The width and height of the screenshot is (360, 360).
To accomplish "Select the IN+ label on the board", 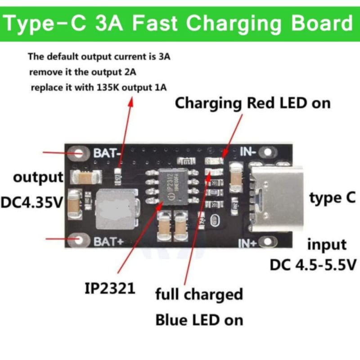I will (x=247, y=243).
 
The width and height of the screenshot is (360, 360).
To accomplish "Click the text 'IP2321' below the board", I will (x=110, y=288).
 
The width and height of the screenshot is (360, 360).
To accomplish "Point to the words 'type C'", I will (x=333, y=198).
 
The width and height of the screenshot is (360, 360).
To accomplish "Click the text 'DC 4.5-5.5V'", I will (x=313, y=265).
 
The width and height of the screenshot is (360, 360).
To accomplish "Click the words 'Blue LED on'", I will (x=199, y=320).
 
